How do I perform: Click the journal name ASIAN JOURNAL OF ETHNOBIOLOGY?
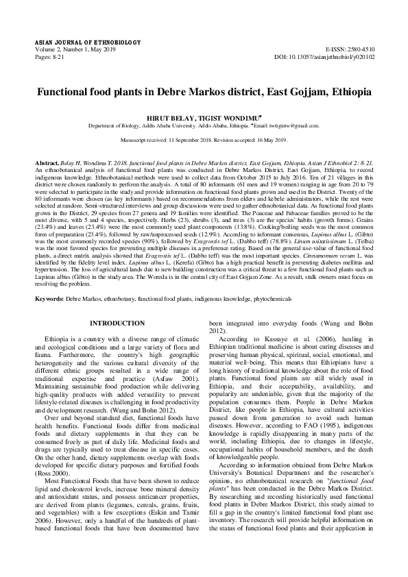tap(71, 41)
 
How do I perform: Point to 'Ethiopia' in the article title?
tap(346, 91)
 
